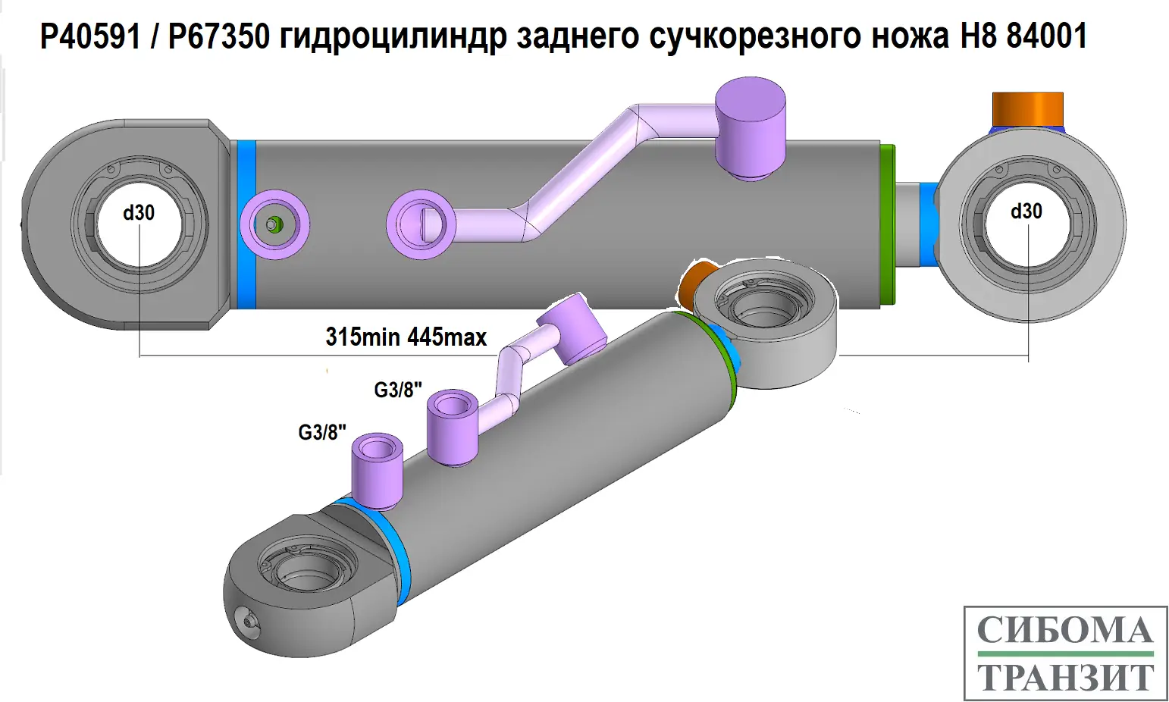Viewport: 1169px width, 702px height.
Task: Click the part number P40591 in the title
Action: (90, 36)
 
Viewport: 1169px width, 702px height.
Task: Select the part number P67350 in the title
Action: (219, 36)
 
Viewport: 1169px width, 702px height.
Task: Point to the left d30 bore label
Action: (139, 213)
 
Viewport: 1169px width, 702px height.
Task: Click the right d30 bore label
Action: (1026, 212)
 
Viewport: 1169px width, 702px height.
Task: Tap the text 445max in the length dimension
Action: (447, 337)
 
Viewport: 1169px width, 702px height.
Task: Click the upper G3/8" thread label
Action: (398, 390)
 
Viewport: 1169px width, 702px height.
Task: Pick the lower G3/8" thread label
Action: (322, 432)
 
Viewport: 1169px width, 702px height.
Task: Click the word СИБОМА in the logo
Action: (1065, 631)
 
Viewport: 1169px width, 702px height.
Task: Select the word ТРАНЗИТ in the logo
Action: (1065, 677)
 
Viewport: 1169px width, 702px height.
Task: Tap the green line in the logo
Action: (1065, 653)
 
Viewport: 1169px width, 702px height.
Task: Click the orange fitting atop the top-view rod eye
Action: (1027, 111)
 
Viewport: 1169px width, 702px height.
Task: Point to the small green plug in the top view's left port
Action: (274, 225)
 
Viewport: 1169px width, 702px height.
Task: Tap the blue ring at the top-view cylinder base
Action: (246, 224)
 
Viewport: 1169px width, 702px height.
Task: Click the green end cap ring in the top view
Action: (888, 225)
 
